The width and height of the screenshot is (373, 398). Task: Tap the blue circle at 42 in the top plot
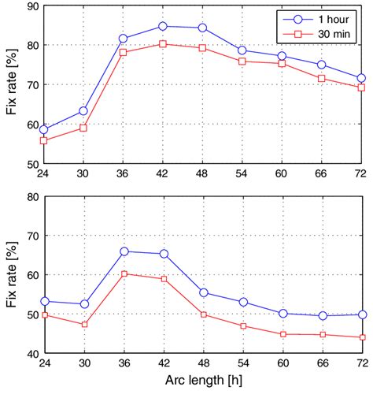tap(163, 26)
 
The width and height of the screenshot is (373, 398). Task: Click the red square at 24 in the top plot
tap(44, 140)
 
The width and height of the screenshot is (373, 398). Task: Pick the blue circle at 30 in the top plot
tap(83, 111)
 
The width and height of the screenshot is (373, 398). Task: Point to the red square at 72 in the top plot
tap(361, 87)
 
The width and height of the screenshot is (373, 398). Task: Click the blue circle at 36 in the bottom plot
tap(124, 251)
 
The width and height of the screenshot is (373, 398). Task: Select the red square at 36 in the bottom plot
tap(124, 274)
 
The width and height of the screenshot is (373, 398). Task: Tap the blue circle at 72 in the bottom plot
tap(361, 314)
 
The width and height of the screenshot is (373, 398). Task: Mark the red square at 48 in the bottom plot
tap(202, 314)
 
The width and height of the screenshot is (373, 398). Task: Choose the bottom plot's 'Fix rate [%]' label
tap(11, 275)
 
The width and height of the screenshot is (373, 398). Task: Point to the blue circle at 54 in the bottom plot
tap(242, 302)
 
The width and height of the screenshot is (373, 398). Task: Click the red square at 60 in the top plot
tap(282, 63)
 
